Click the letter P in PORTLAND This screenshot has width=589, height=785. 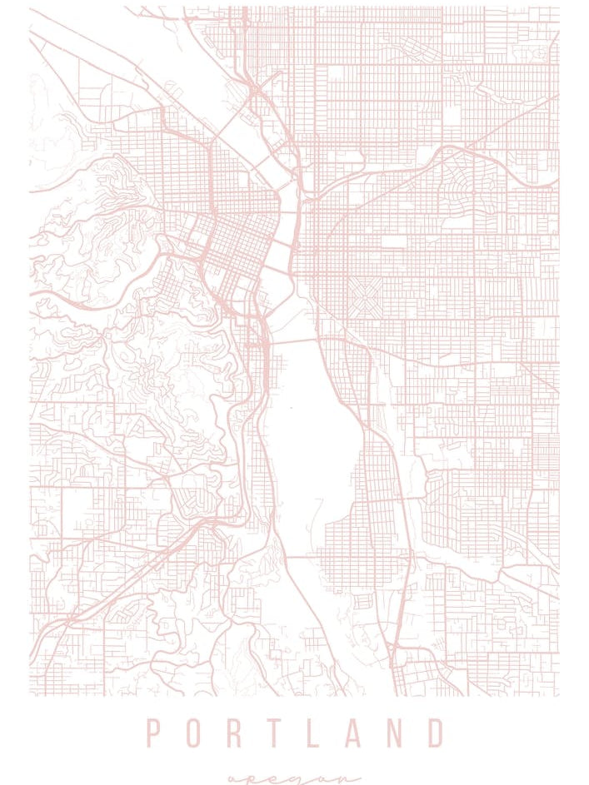[154, 734]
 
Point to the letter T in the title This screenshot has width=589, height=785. [274, 734]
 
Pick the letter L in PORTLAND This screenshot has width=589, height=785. [315, 734]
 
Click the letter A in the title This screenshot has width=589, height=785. [353, 734]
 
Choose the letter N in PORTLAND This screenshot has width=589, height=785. [395, 734]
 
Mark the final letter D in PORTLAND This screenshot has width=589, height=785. [436, 734]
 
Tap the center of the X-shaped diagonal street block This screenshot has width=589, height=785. [363, 297]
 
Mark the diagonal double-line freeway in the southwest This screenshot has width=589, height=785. [125, 583]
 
